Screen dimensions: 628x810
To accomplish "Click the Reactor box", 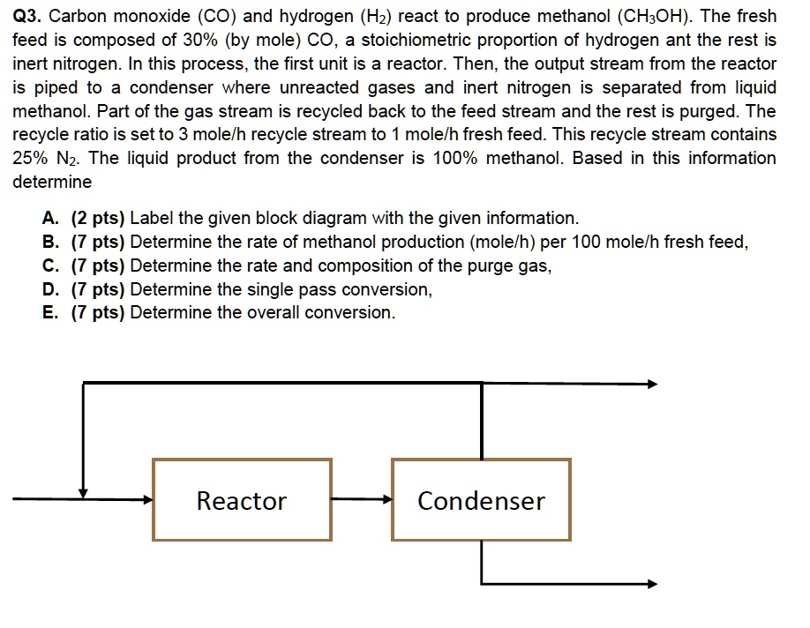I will [x=242, y=500].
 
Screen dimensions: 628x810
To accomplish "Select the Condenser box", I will [x=481, y=500].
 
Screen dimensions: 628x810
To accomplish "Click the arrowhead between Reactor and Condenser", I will [x=386, y=499].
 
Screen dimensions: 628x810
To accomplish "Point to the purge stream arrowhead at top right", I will [x=652, y=384].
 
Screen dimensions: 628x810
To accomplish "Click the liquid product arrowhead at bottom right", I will [x=652, y=583].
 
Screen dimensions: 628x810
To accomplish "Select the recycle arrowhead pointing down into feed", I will [x=84, y=492].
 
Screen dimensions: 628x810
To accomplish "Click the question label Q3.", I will [x=27, y=17].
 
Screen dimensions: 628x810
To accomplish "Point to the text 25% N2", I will [x=45, y=159].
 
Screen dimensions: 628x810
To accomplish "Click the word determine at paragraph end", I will [x=52, y=183].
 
